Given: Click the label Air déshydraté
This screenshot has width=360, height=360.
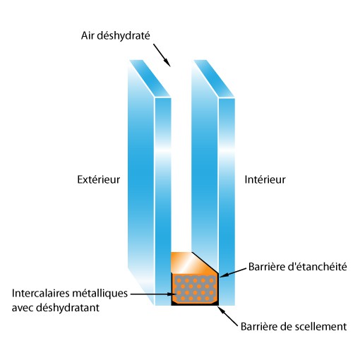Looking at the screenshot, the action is click(x=115, y=36).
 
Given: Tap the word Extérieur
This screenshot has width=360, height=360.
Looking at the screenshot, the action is click(x=99, y=179).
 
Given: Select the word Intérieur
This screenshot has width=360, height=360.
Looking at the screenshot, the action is click(x=265, y=179).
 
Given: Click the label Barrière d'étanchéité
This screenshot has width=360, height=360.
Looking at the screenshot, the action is click(x=298, y=267).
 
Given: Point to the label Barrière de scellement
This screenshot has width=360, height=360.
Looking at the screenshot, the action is click(x=294, y=327).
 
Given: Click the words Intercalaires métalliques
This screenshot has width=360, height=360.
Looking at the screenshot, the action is click(x=70, y=294).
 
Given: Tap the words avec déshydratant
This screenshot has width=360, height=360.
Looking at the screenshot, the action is click(x=56, y=308).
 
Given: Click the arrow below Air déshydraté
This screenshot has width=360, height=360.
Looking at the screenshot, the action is click(x=162, y=55).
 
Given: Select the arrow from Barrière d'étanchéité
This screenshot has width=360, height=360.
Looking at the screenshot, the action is click(x=233, y=272).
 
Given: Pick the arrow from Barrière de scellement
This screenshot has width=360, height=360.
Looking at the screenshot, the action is click(x=228, y=316).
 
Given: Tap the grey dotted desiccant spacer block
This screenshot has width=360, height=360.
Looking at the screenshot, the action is click(x=194, y=289).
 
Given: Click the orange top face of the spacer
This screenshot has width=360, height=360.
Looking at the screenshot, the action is click(x=192, y=263).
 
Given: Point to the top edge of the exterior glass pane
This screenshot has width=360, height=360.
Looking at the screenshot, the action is click(x=150, y=78).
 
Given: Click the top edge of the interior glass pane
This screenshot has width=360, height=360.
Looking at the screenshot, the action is click(x=215, y=78).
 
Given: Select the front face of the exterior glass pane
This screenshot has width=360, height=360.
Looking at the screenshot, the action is click(x=163, y=201).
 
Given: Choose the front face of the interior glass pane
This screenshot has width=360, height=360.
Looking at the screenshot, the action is click(x=227, y=201).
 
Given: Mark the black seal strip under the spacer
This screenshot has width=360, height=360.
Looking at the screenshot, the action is click(x=195, y=304).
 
